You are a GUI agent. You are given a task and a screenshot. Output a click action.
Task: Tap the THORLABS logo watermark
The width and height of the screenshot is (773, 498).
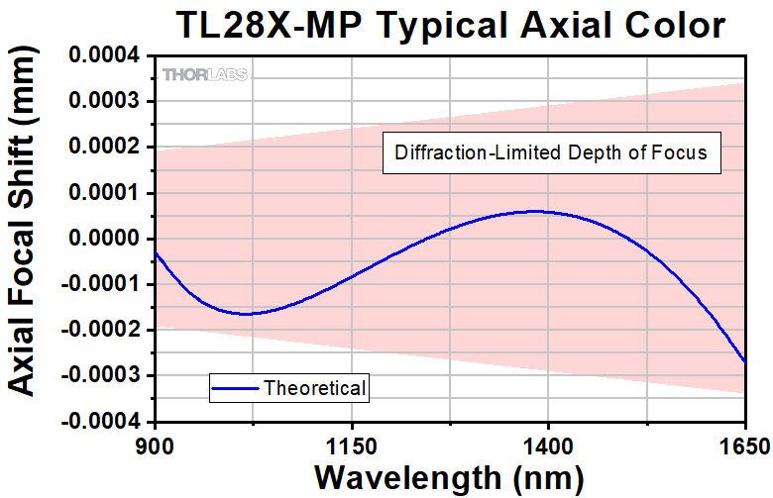click(205, 74)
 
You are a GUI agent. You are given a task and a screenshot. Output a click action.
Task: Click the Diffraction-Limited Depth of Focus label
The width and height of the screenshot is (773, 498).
click(550, 153)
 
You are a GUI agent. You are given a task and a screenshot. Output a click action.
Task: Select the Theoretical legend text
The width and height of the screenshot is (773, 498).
click(314, 388)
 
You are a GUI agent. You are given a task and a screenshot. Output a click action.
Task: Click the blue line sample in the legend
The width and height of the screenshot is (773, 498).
click(237, 388)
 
